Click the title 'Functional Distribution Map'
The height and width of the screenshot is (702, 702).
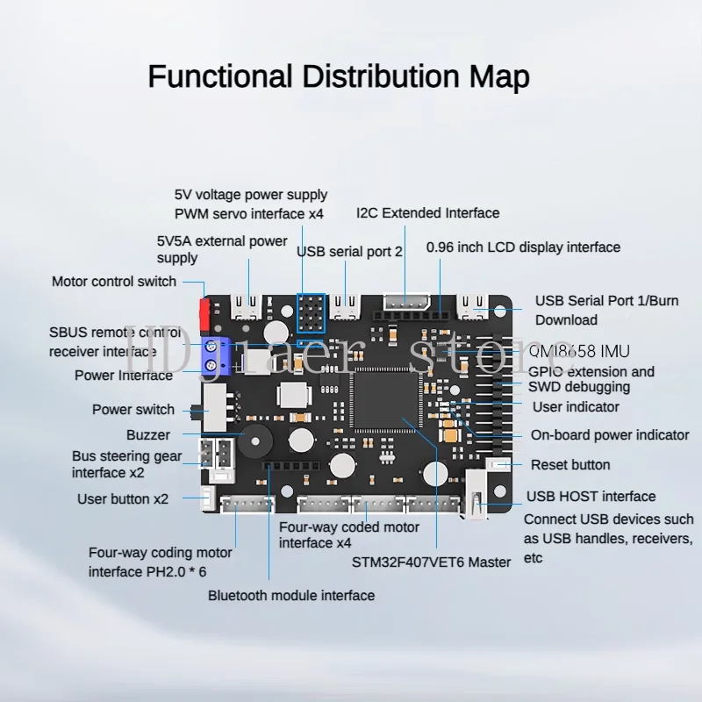point(338,77)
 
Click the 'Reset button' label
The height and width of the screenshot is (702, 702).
point(570,465)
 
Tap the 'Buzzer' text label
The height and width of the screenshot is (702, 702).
point(148,435)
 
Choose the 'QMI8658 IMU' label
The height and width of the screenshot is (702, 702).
point(579,351)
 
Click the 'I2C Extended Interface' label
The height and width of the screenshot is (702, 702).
point(427,213)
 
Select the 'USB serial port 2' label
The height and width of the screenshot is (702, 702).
point(349,252)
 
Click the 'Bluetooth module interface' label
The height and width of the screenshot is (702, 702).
point(291,596)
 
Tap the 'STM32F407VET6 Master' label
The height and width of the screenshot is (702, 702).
point(430,562)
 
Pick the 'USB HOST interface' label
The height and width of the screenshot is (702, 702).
point(591,497)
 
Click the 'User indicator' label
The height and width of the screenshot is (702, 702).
point(576,407)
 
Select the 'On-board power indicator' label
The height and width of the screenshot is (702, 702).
point(610,435)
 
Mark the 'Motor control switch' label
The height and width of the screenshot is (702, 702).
point(114,282)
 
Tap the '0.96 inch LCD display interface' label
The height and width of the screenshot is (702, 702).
point(523,247)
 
